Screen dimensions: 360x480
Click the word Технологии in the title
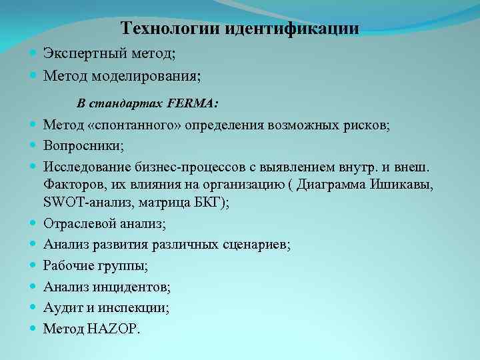coord(171,29)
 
